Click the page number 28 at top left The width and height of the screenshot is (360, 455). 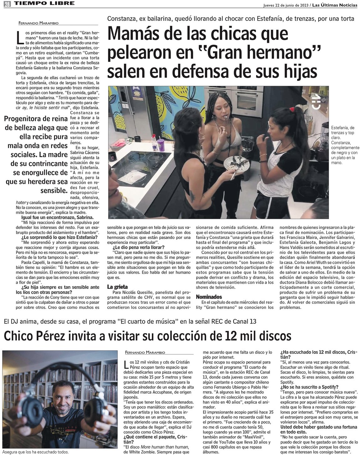point(7,4)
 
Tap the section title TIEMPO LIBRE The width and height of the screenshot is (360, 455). point(44,3)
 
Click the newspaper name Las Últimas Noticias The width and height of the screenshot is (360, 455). point(335,5)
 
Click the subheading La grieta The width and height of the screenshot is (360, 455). point(117,287)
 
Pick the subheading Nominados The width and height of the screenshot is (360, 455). point(209,297)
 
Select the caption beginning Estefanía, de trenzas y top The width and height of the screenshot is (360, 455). point(346,145)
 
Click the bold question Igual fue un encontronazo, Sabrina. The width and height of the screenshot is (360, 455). point(57,217)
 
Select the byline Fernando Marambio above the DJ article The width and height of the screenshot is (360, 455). point(145,353)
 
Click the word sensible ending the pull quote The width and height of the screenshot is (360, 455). point(54,190)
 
